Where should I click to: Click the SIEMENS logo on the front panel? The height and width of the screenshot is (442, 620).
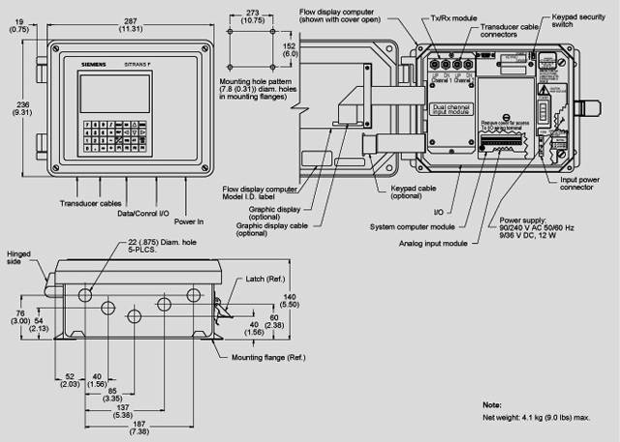(x=92, y=62)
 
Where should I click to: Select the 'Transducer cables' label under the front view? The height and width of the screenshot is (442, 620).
(x=88, y=202)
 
